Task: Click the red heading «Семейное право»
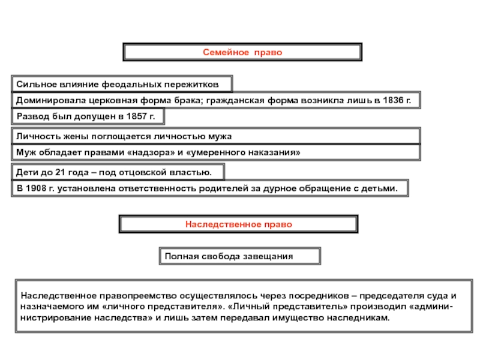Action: pos(241,53)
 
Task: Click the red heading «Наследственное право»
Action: pos(238,224)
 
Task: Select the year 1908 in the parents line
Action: pos(40,188)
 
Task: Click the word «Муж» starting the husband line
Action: pos(25,152)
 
